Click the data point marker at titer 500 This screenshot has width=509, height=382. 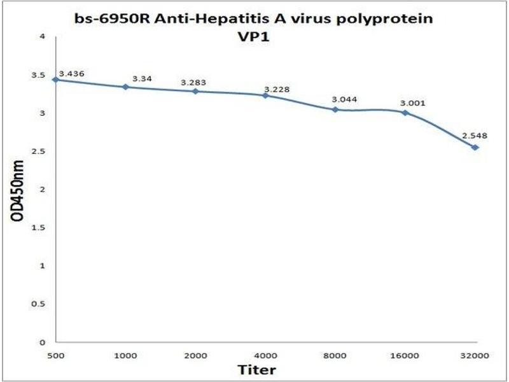[56, 80]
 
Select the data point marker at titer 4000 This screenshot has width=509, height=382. [265, 95]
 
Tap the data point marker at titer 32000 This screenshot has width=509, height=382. [475, 148]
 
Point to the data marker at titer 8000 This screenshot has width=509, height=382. [335, 110]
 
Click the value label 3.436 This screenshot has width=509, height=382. [71, 74]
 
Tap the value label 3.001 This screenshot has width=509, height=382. [412, 103]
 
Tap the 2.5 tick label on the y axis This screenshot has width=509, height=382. [41, 152]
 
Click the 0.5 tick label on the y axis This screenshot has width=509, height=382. [41, 304]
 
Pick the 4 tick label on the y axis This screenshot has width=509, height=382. [43, 37]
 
